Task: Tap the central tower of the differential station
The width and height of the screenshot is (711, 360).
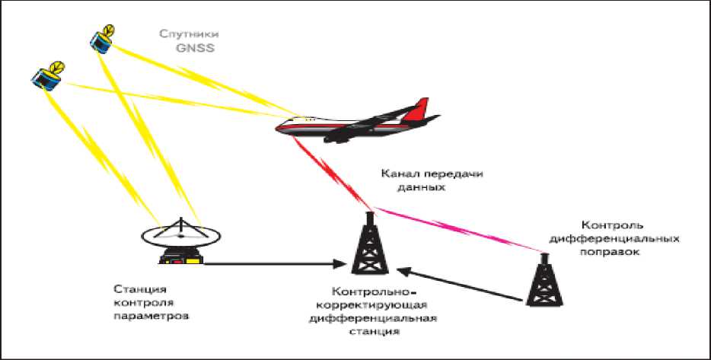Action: click(x=369, y=247)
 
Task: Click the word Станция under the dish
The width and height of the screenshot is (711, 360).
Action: click(x=139, y=288)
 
